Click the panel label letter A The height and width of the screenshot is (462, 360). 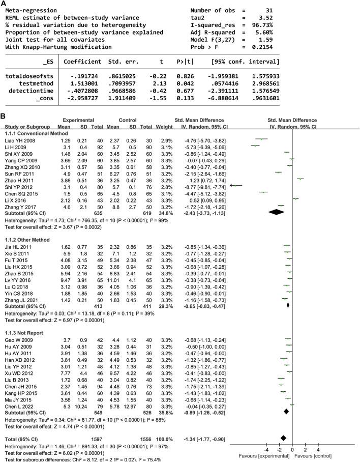tap(4, 4)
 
